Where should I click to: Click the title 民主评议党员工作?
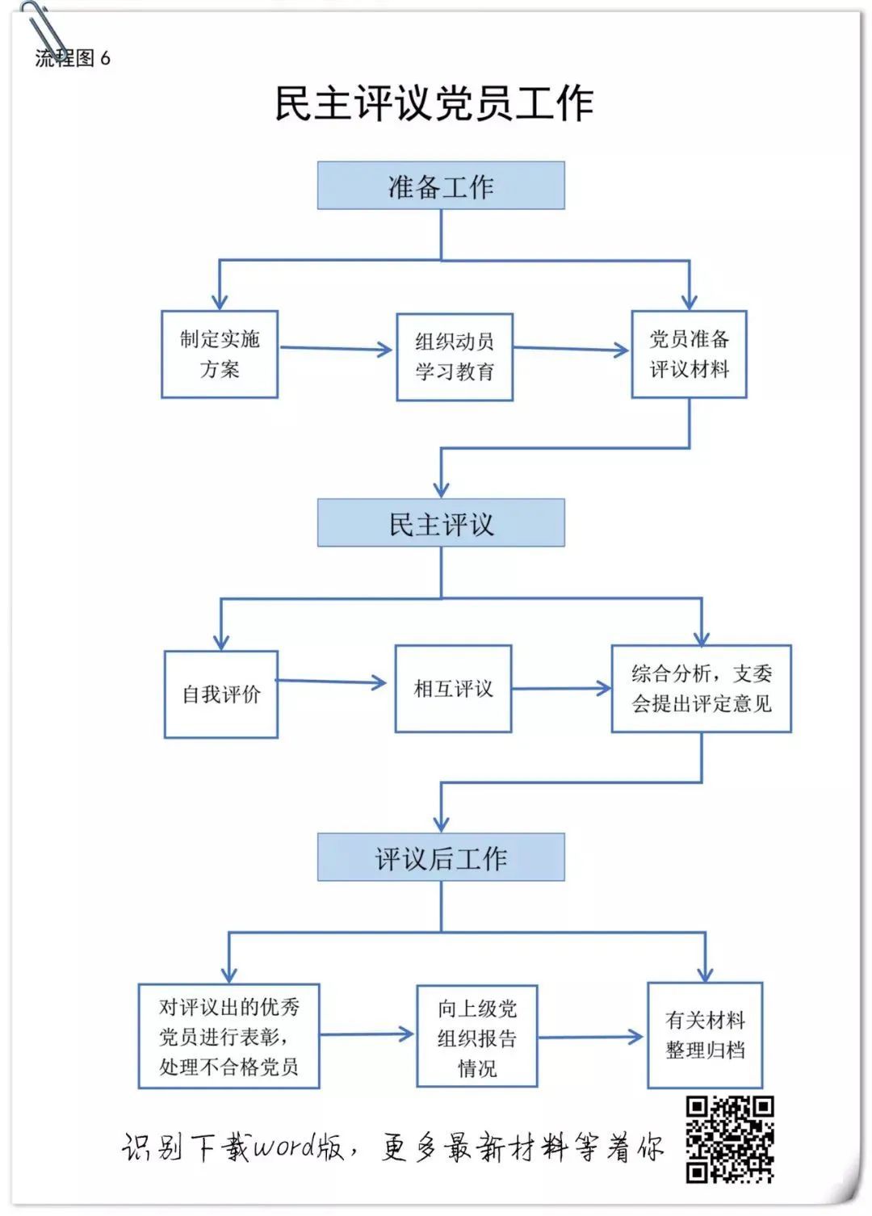(x=434, y=103)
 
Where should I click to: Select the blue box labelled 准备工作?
(x=441, y=185)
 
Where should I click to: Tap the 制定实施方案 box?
(x=220, y=354)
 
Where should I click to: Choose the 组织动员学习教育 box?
(x=455, y=357)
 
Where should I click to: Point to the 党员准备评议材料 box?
(x=689, y=354)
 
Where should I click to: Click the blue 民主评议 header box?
(x=441, y=522)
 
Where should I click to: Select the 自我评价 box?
(x=221, y=694)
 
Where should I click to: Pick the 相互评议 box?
(x=454, y=689)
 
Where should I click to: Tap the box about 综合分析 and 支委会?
(x=702, y=689)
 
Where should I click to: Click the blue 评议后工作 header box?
(x=441, y=857)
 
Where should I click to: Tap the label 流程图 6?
(x=73, y=58)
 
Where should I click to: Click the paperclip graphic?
(x=44, y=30)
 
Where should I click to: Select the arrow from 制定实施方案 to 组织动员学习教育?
(x=336, y=349)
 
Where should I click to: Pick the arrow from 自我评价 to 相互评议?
(x=331, y=681)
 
